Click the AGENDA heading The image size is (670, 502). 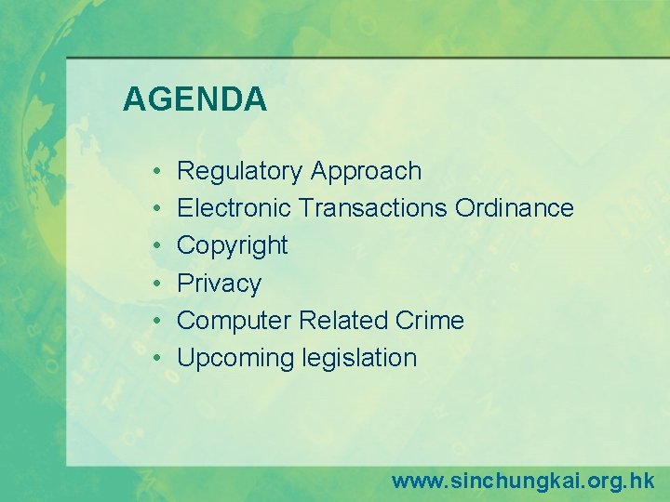tap(194, 99)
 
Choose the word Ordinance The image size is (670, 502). tap(514, 208)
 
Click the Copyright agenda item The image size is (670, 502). tap(233, 246)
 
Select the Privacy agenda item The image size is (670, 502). tap(219, 284)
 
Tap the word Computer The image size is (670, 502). tap(234, 321)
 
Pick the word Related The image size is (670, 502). tap(341, 321)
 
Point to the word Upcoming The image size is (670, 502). tap(234, 358)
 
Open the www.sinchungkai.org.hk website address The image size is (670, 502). tap(522, 481)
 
